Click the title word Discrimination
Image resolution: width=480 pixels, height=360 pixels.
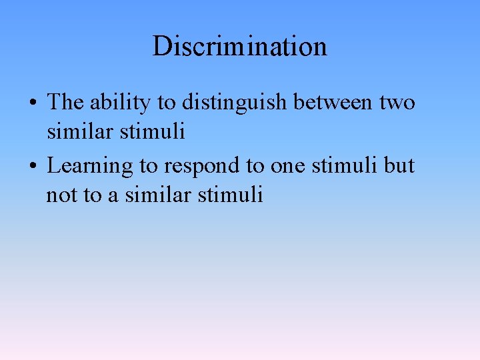click(x=240, y=47)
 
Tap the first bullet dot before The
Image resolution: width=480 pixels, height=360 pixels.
click(x=33, y=103)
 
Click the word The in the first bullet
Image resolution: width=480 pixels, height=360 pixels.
click(x=65, y=103)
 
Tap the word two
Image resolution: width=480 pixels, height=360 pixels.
click(x=397, y=103)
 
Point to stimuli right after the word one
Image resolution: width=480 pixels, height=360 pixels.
click(x=345, y=165)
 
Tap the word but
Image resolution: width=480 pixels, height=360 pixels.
click(x=399, y=165)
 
